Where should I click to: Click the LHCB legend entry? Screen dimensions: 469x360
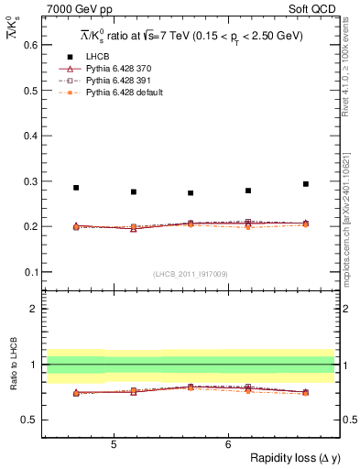point(99,57)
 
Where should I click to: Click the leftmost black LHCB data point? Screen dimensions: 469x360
point(76,188)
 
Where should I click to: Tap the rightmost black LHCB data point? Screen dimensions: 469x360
point(306,184)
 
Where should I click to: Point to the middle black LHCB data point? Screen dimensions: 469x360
point(191,193)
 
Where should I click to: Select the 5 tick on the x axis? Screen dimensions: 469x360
point(114,444)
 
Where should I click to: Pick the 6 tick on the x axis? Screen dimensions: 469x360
point(228,444)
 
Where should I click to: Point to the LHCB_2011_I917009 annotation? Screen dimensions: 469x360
point(190,274)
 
